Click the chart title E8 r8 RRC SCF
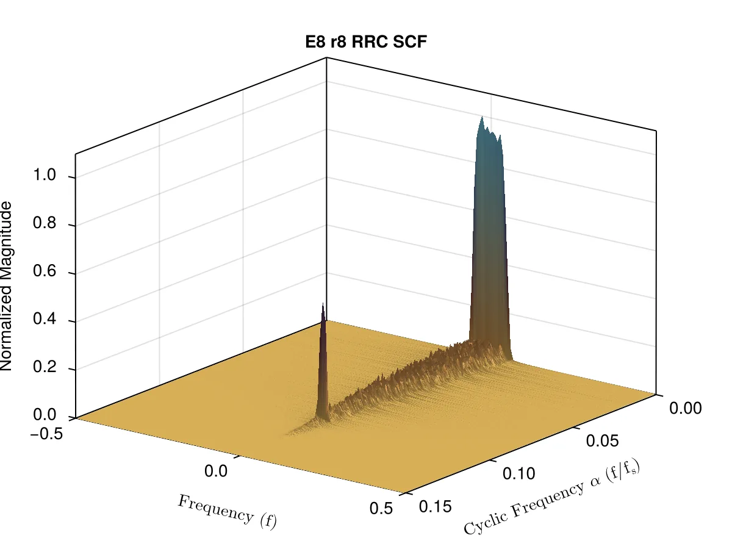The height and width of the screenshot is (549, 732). [x=366, y=42]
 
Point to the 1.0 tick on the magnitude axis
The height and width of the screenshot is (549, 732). [x=45, y=174]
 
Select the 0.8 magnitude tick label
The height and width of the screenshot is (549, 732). [x=45, y=223]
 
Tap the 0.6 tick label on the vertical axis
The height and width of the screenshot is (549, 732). [x=45, y=271]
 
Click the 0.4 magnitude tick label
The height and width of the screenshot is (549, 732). [x=45, y=318]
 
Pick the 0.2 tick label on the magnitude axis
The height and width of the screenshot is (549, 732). [x=45, y=367]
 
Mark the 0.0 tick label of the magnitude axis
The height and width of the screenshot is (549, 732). [x=45, y=415]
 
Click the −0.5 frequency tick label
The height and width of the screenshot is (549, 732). [x=46, y=434]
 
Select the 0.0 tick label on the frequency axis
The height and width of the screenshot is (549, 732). [x=216, y=472]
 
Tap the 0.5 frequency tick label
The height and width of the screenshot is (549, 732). [x=381, y=509]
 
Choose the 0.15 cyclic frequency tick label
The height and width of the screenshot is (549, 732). [x=436, y=507]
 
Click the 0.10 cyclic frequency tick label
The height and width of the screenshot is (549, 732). [x=519, y=474]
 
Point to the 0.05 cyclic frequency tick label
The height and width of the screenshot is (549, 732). [x=602, y=441]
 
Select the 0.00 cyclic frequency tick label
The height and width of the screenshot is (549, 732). [x=686, y=408]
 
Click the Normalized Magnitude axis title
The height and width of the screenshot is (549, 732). [x=6, y=286]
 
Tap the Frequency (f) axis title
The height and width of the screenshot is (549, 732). [x=227, y=512]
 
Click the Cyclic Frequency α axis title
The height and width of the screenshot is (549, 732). [x=552, y=497]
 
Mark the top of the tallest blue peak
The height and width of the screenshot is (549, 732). [x=482, y=117]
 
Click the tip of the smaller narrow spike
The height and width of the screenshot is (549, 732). [x=323, y=303]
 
